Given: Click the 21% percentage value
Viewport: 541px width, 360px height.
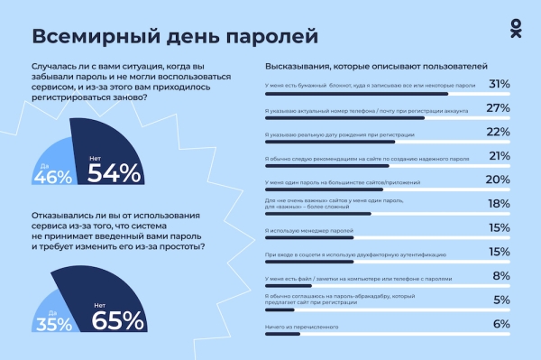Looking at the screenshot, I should (499, 156).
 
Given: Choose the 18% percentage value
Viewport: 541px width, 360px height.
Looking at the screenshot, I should (499, 206).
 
